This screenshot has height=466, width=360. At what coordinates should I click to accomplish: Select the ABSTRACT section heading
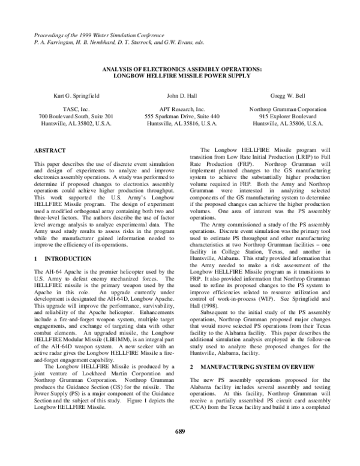point(50,149)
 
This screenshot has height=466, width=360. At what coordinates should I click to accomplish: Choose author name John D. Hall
point(179,95)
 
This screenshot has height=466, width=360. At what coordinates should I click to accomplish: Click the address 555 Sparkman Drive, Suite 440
point(179,116)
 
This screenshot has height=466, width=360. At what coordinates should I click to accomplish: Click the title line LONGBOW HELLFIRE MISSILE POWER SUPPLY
point(179,76)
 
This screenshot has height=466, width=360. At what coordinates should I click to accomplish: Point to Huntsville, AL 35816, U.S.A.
point(179,123)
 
